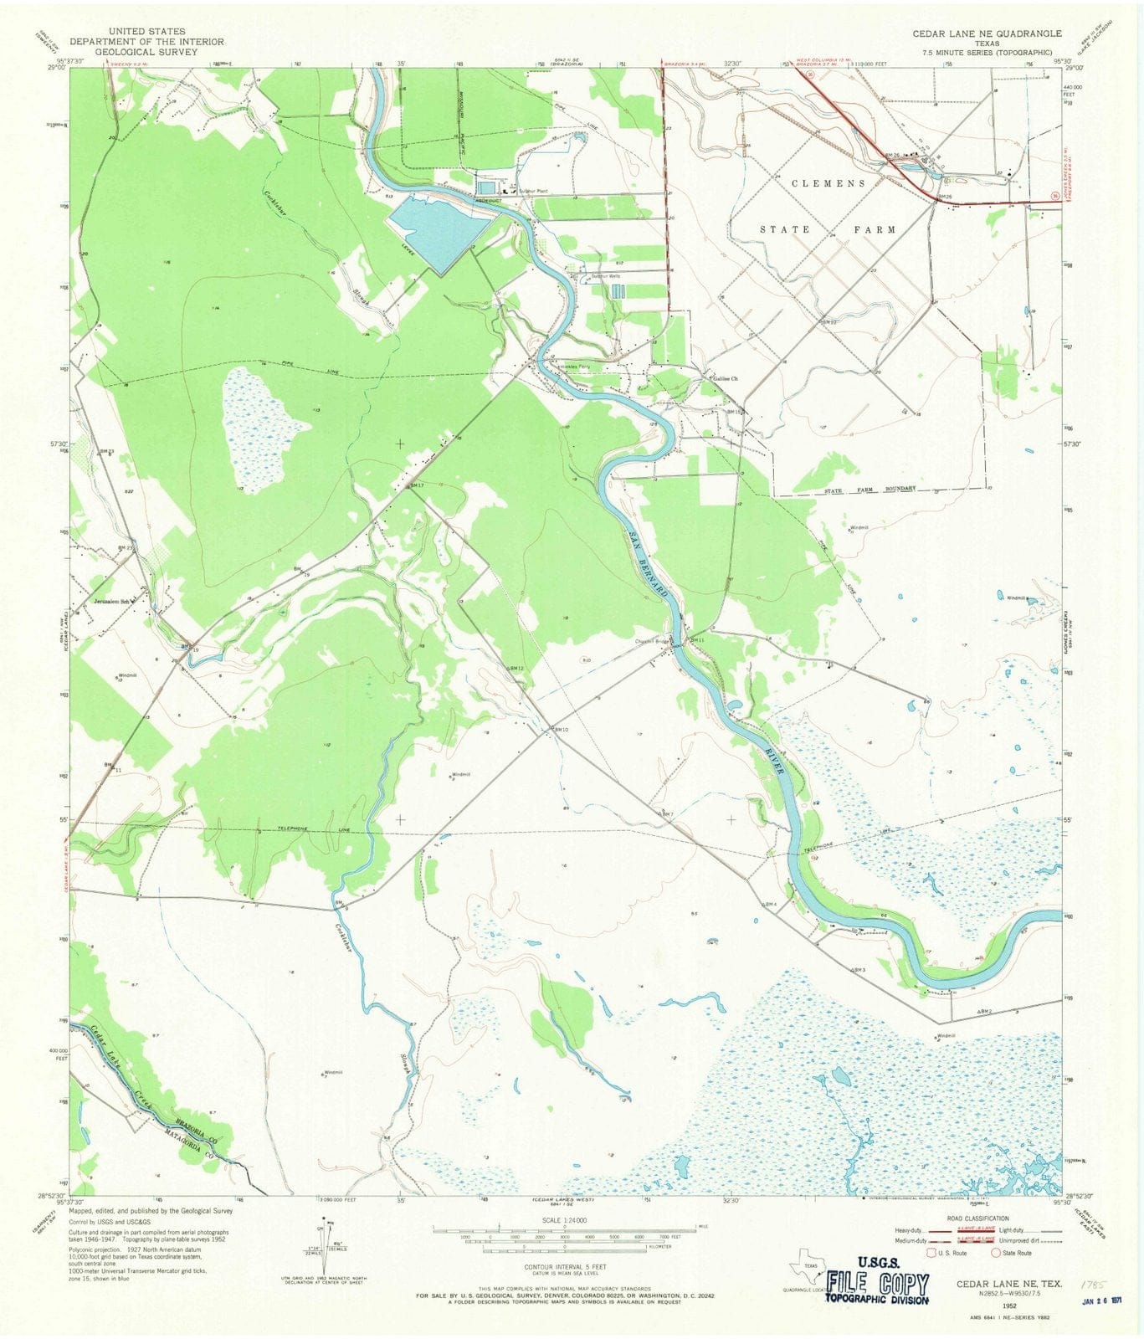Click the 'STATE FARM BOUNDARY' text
pyautogui.click(x=870, y=488)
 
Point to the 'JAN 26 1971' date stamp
pyautogui.click(x=1100, y=1301)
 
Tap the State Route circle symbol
pyautogui.click(x=996, y=1253)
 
